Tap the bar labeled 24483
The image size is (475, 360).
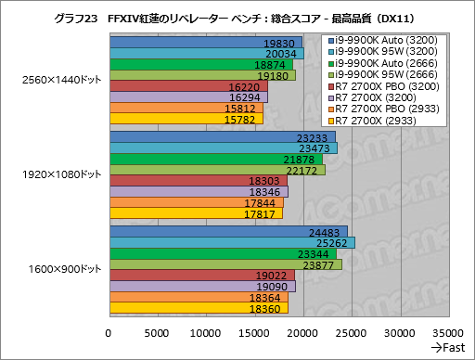228,232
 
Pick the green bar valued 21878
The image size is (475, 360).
216,159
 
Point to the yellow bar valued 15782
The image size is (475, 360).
186,118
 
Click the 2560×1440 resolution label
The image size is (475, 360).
55,81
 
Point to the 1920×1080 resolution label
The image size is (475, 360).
55,174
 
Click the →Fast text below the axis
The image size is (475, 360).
446,347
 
